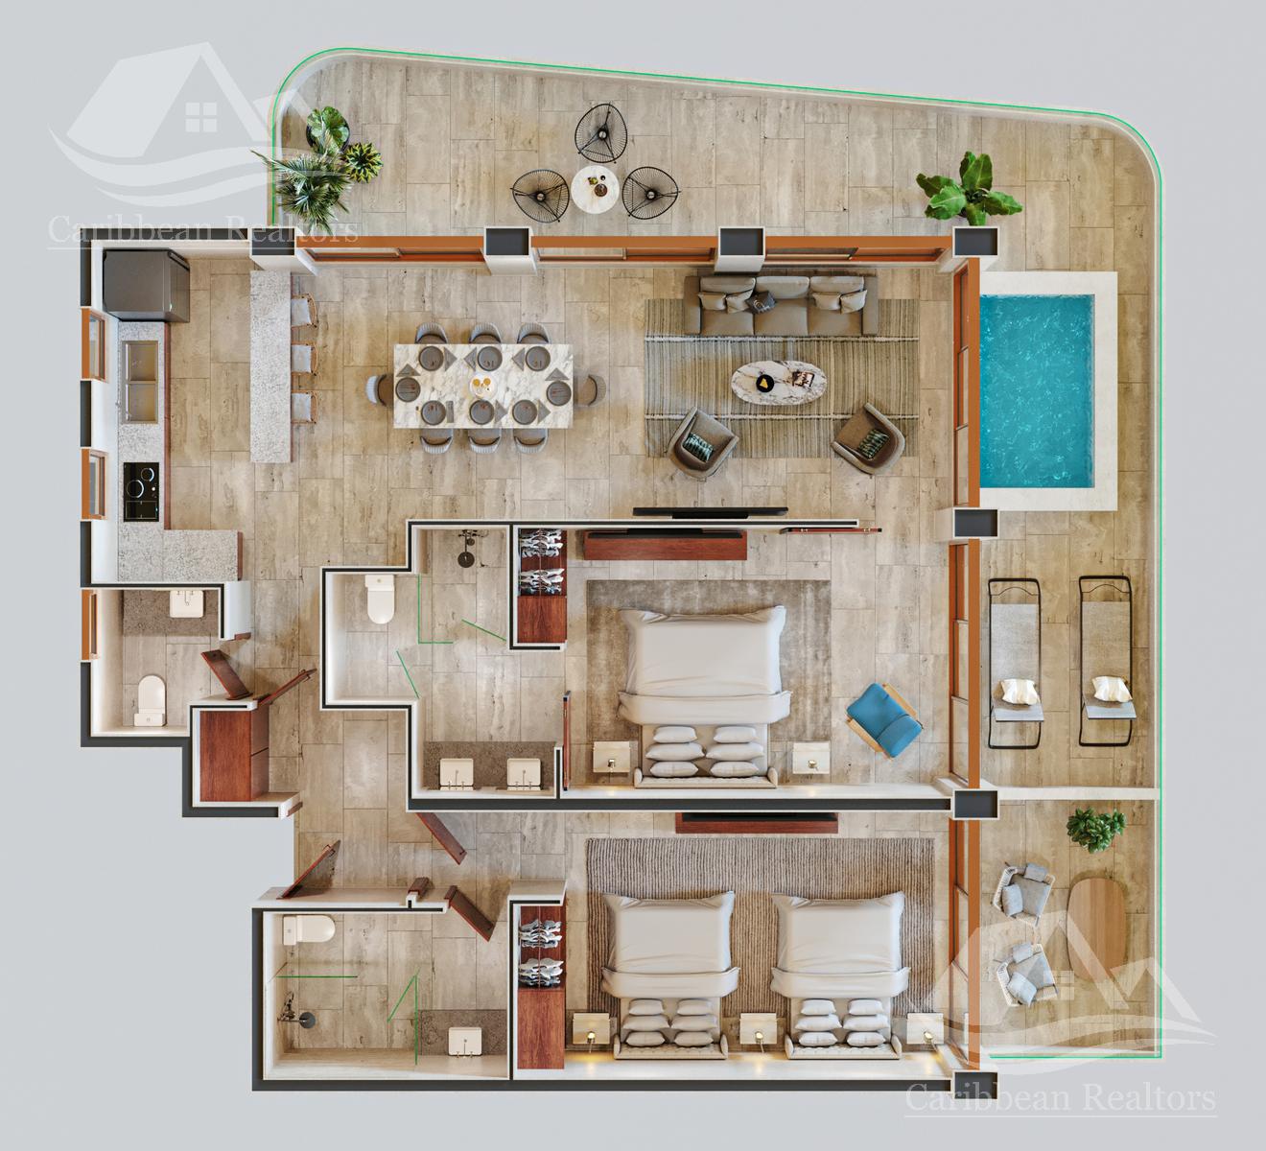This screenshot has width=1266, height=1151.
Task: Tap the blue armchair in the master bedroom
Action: [x=883, y=719]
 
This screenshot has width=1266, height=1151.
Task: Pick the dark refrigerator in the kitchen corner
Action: [x=147, y=286]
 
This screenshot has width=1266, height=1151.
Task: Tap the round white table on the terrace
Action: [x=595, y=189]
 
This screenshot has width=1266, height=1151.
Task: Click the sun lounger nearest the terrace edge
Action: [x=1106, y=661]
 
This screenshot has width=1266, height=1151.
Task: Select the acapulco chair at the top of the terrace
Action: [x=598, y=132]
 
